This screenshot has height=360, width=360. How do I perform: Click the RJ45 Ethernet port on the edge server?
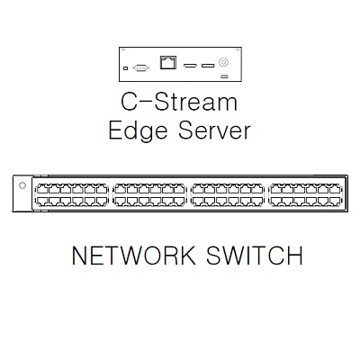(168, 62)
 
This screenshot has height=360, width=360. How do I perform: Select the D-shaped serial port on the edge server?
(140, 68)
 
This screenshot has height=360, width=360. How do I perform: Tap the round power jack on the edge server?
(223, 62)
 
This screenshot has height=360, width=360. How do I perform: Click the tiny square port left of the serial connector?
(126, 68)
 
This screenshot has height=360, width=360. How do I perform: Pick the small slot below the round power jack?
(224, 76)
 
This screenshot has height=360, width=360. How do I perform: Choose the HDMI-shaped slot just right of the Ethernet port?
(190, 65)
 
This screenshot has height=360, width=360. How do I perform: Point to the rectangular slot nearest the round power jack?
(208, 65)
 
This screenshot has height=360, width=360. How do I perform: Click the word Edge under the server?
(138, 130)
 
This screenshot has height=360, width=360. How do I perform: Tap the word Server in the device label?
(214, 130)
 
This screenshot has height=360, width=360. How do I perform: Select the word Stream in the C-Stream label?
(196, 102)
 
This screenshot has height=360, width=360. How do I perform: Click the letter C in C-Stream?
(129, 102)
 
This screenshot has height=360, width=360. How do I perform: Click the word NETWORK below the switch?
(133, 255)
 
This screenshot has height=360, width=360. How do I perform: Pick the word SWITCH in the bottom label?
(255, 255)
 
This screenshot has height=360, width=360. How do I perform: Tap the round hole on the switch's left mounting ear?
(22, 185)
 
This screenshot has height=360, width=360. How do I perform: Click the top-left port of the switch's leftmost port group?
(41, 189)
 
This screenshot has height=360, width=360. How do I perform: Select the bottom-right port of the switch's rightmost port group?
(335, 201)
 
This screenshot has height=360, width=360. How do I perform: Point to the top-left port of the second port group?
(120, 189)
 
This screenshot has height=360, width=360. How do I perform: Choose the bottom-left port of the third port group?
(198, 201)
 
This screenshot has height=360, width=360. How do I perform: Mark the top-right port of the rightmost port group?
(335, 189)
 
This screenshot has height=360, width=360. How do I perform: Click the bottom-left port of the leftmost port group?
(41, 201)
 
